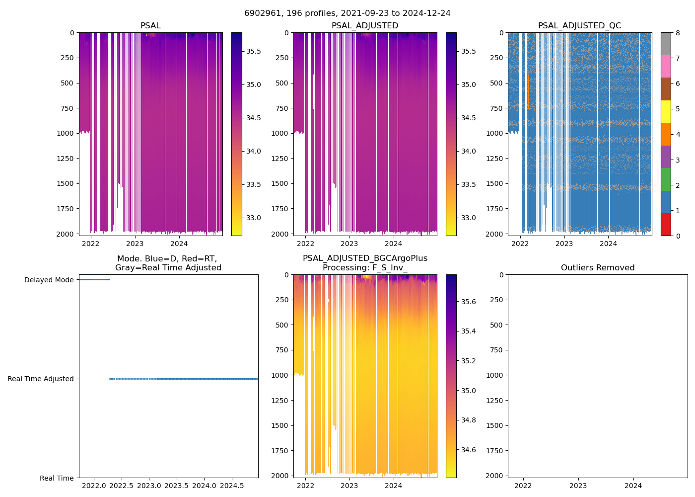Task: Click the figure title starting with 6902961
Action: (347, 13)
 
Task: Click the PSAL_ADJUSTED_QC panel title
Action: (579, 26)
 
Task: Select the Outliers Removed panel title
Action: (597, 268)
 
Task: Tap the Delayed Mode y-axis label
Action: (49, 280)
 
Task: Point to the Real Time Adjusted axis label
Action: (41, 379)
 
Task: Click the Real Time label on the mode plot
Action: (57, 478)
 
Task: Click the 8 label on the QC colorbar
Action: (678, 33)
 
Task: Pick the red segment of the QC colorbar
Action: (666, 225)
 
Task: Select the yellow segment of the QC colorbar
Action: (666, 112)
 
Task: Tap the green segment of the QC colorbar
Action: (666, 179)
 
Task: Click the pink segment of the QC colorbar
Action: (666, 67)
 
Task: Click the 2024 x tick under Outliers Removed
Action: (633, 486)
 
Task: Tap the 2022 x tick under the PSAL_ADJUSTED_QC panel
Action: (520, 244)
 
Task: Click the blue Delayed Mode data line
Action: (94, 280)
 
